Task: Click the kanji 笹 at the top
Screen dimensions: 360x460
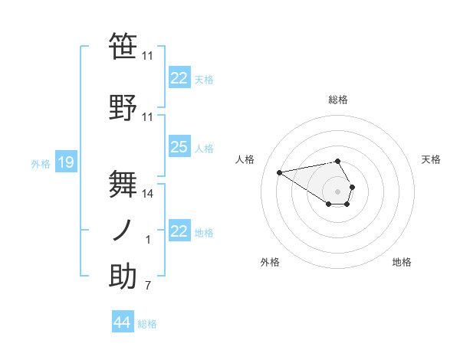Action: [123, 46]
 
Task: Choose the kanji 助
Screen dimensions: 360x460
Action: [123, 276]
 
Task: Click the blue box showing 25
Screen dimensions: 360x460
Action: [179, 147]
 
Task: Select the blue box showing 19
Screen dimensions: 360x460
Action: [65, 162]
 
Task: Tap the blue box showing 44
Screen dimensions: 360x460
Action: [123, 322]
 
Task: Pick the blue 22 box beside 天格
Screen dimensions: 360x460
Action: [179, 78]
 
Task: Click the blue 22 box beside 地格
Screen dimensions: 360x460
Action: [179, 231]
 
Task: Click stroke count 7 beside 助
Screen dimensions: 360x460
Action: [148, 286]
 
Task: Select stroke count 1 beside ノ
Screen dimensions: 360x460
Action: [148, 240]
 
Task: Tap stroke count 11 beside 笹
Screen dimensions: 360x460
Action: [148, 55]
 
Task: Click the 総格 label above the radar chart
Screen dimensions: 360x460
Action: [338, 100]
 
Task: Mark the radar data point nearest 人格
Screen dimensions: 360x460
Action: [280, 172]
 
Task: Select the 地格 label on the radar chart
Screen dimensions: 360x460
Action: [402, 262]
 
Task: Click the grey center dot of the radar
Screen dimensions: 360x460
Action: [338, 191]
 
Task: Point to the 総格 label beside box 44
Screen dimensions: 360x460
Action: [147, 324]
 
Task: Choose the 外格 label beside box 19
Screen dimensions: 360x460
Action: [41, 163]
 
